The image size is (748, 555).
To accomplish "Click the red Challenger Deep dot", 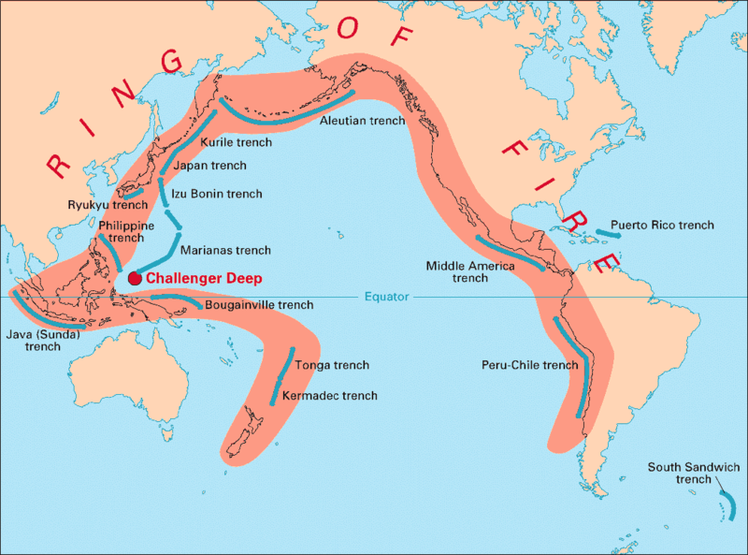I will coord(135,278).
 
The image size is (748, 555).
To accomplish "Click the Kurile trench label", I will coord(237,142).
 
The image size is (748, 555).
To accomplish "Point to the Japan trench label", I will coord(210,166).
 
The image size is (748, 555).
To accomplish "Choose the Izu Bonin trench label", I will coord(217,194).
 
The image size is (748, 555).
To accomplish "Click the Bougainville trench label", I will coord(259,304).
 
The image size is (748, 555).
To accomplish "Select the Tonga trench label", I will coord(332,365).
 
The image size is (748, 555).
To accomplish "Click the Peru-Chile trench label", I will coord(530,364).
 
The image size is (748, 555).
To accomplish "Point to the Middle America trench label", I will coord(471,271).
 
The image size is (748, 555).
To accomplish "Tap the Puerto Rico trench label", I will coord(662,225).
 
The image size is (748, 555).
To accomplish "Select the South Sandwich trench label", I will coord(695,473).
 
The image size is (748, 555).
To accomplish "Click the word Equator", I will coord(387,298).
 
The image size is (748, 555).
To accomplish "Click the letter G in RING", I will coord(171,59).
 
